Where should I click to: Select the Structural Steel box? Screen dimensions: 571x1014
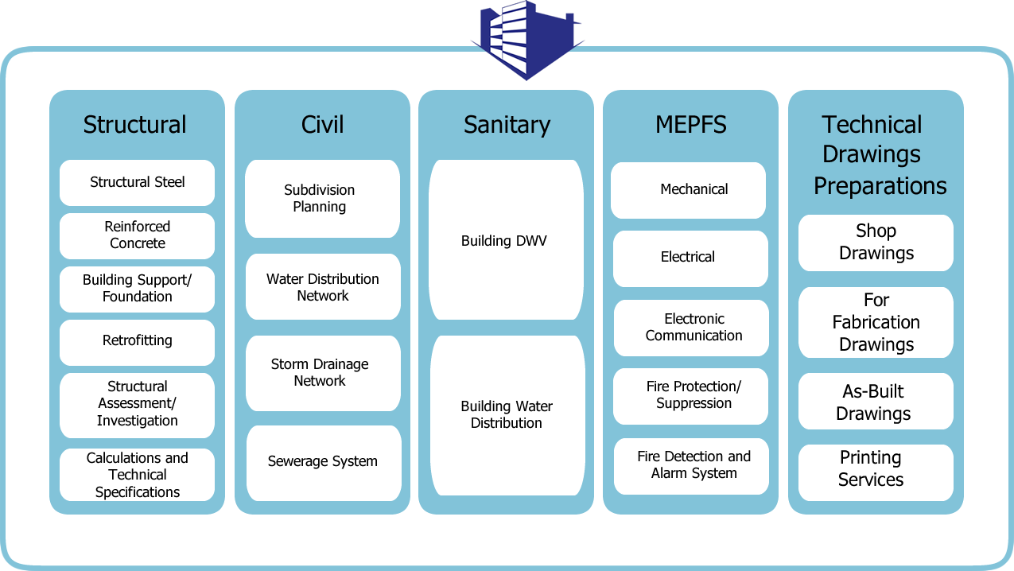click(137, 182)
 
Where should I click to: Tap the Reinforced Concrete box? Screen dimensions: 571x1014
click(137, 235)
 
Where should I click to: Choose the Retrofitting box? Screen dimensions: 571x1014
click(137, 341)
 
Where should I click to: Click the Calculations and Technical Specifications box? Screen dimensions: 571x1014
click(137, 475)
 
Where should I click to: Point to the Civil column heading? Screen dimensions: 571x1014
click(322, 125)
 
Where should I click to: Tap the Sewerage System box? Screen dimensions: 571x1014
click(322, 462)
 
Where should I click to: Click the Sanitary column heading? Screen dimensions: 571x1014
click(507, 125)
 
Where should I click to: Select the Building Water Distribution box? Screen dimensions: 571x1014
click(507, 414)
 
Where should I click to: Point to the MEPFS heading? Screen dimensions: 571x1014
click(690, 125)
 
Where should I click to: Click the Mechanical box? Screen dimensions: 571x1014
click(690, 190)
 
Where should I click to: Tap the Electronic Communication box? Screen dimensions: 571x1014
click(692, 328)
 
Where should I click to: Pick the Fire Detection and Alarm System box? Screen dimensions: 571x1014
click(692, 465)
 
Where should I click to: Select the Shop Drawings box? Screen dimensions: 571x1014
click(876, 243)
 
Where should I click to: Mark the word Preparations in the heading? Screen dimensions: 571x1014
click(880, 186)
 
